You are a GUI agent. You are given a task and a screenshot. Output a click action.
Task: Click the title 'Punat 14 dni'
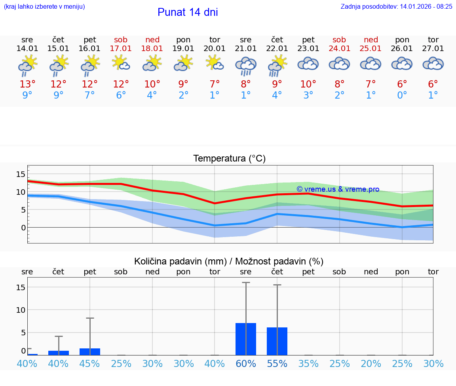(x=188, y=12)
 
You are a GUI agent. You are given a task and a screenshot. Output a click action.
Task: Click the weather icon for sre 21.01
(x=246, y=66)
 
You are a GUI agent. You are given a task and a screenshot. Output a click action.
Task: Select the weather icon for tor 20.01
(x=215, y=63)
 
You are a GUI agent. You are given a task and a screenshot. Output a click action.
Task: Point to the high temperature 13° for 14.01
(x=27, y=84)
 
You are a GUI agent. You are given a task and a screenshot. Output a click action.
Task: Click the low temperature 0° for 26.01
(x=402, y=95)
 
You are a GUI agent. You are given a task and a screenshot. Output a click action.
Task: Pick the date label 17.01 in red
(x=121, y=48)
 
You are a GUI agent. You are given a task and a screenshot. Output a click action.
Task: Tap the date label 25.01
(x=371, y=48)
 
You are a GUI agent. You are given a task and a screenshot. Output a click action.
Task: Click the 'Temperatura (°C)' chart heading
(x=229, y=159)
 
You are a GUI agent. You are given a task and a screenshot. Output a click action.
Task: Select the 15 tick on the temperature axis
(x=21, y=174)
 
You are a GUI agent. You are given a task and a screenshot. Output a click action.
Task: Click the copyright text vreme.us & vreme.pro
(x=338, y=189)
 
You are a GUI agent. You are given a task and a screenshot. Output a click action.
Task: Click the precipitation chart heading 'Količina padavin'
(x=229, y=261)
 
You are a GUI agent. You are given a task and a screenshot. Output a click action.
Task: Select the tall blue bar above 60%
(x=246, y=339)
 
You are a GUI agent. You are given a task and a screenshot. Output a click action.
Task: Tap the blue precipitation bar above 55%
(x=277, y=341)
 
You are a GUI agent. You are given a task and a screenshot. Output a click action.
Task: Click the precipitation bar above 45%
(x=90, y=352)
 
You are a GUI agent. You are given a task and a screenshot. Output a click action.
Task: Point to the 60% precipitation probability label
(x=246, y=364)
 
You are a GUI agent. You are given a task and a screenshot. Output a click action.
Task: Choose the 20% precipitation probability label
(x=371, y=364)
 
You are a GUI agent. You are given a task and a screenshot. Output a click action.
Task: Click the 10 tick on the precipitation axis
(x=21, y=310)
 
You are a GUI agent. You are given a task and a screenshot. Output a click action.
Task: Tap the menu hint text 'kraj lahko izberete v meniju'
(x=44, y=6)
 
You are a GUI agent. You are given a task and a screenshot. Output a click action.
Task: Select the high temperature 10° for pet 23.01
(x=308, y=84)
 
